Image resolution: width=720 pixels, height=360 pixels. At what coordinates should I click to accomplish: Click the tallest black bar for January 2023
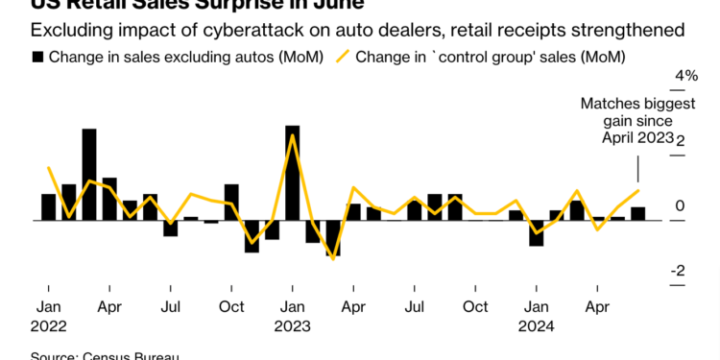click(x=292, y=173)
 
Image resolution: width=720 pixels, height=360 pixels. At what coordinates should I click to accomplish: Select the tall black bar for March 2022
click(x=88, y=175)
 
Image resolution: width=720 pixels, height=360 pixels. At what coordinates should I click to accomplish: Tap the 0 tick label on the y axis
click(x=679, y=206)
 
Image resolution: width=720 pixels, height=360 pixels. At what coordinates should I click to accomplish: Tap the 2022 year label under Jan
click(x=48, y=325)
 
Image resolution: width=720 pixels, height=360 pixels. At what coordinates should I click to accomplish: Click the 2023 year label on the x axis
click(x=293, y=325)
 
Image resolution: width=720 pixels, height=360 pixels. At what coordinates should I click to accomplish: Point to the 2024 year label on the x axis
click(x=538, y=325)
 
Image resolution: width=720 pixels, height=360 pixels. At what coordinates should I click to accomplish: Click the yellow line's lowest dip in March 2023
click(x=333, y=258)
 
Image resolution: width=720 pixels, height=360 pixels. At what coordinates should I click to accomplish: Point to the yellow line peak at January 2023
click(x=292, y=136)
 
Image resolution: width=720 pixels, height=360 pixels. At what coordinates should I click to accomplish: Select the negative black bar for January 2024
click(x=537, y=233)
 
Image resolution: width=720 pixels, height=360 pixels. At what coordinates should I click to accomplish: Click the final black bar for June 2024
click(x=638, y=213)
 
